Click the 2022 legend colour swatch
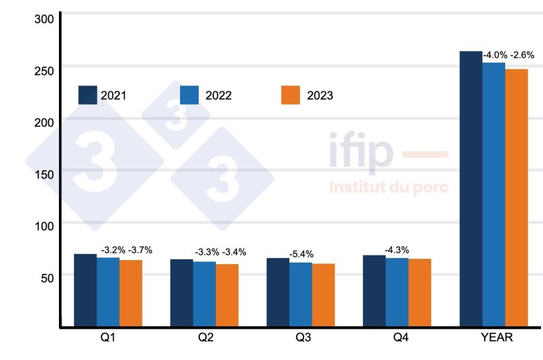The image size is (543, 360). [189, 95]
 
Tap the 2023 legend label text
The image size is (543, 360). [320, 96]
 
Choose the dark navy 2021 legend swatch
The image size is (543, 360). [88, 95]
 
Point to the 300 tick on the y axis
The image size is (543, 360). [44, 19]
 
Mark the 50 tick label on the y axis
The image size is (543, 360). [46, 277]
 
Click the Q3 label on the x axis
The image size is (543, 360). [303, 339]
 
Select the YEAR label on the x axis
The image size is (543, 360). [496, 339]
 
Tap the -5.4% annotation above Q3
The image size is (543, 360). [301, 254]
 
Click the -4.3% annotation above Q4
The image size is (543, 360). [397, 250]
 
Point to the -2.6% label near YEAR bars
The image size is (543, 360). [522, 55]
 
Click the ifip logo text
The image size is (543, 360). [361, 152]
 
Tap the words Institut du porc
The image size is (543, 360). [389, 187]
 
